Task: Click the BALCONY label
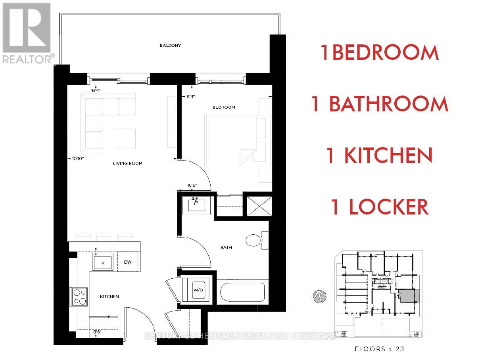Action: (x=170, y=46)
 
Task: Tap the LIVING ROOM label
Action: (x=127, y=163)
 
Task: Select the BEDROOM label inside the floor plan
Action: (x=224, y=107)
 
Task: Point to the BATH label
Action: (x=226, y=247)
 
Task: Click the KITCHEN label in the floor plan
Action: (x=109, y=297)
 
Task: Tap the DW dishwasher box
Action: (x=128, y=262)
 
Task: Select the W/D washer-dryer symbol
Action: (x=198, y=290)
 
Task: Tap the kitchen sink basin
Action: (x=103, y=262)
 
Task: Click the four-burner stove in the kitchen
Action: (x=79, y=297)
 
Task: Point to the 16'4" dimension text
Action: (x=96, y=90)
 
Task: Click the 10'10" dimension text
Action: (x=78, y=159)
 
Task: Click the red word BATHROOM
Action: (x=389, y=104)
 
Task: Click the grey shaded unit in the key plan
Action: (x=408, y=296)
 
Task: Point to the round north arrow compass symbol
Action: (x=319, y=297)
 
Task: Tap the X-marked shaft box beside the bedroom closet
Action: (x=259, y=206)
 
